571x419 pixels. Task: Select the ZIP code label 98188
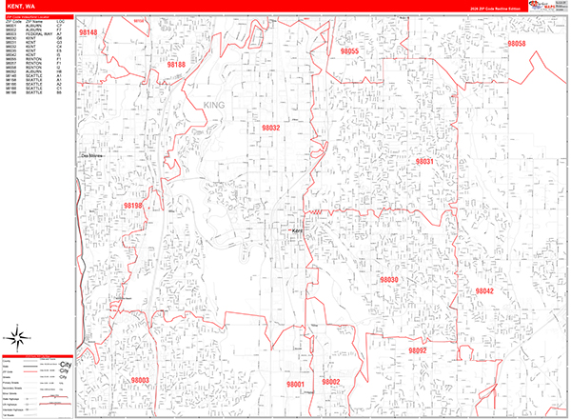176,65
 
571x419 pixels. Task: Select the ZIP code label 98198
132,205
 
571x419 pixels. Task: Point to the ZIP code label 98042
484,290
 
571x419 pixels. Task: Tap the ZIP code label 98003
140,380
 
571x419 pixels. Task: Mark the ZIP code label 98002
330,382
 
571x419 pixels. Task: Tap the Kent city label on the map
296,230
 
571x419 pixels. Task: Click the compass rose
20,334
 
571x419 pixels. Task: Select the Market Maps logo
550,6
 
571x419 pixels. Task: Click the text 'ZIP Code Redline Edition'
496,8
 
